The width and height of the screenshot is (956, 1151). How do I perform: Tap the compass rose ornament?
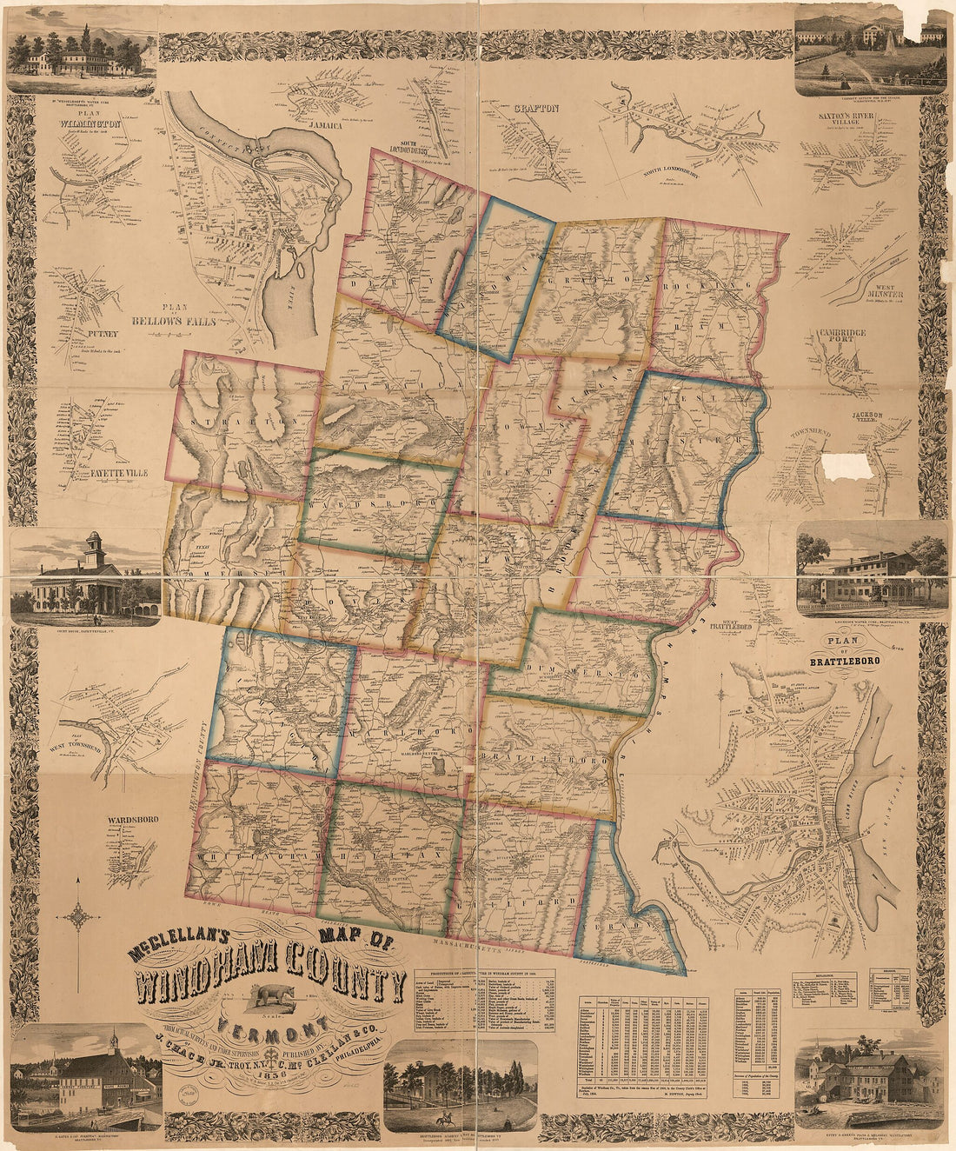(80, 916)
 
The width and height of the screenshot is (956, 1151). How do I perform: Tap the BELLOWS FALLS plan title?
(171, 321)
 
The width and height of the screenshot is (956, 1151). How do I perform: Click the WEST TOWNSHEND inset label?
(76, 743)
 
